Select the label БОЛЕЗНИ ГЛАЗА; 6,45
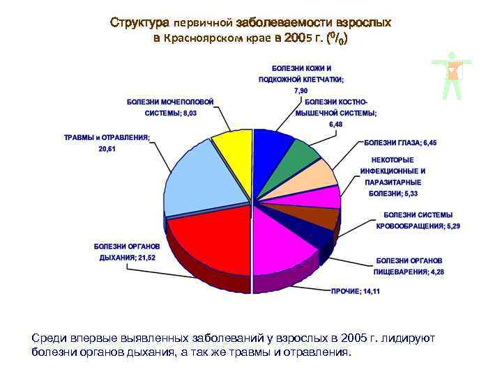tap(403, 143)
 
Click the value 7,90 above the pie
tap(301, 91)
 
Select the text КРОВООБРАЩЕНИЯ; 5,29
tap(418, 226)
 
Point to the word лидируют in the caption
tap(407, 338)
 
